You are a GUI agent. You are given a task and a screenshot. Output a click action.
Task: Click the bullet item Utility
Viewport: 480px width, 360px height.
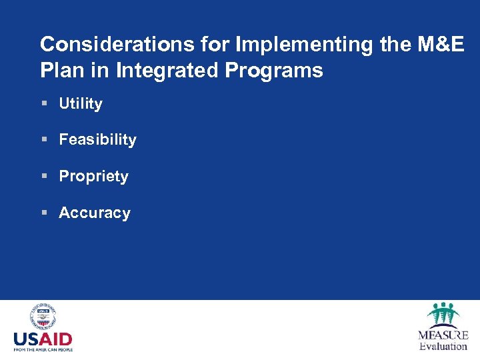81,104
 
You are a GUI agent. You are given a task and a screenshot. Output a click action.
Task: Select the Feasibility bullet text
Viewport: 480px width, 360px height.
97,140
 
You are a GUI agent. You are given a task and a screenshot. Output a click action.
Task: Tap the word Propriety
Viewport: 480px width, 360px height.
93,177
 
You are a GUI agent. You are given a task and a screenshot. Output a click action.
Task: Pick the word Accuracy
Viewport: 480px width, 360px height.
95,213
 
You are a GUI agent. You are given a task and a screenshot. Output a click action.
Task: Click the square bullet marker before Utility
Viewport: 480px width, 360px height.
44,104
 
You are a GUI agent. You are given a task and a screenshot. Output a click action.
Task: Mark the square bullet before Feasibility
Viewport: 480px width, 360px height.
44,140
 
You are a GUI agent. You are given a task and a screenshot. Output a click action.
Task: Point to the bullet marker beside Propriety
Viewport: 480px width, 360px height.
44,177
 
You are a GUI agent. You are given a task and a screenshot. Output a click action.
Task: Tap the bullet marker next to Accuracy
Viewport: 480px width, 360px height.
44,213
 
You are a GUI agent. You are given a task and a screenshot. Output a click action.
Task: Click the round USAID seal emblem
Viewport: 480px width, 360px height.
43,317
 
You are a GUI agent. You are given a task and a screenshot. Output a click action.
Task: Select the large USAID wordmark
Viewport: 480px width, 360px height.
43,339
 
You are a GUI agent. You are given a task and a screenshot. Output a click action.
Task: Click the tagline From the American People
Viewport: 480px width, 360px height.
43,349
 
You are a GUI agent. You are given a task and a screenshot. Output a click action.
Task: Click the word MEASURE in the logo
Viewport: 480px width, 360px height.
443,335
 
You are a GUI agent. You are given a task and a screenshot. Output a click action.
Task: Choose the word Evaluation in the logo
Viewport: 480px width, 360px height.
443,347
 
